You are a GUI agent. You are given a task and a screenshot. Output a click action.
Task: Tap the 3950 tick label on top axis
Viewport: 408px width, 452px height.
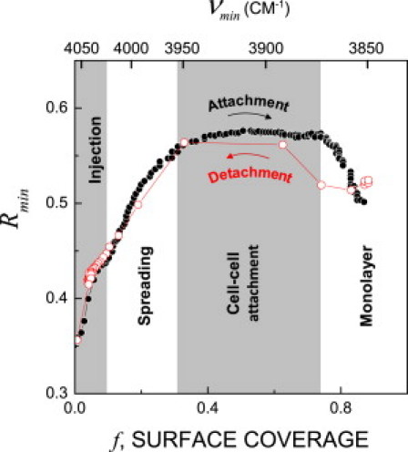pos(196,52)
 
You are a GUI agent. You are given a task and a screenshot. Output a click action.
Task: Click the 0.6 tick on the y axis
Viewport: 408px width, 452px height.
pos(56,108)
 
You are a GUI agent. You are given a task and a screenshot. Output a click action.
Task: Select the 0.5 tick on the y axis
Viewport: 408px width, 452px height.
pos(56,203)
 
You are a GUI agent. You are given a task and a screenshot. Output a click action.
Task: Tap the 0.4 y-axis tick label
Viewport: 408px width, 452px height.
pos(56,298)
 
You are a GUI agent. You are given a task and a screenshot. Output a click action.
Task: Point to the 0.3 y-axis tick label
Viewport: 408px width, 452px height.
pos(56,393)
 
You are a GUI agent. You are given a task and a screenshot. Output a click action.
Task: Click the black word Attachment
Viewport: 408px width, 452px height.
pos(236,105)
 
